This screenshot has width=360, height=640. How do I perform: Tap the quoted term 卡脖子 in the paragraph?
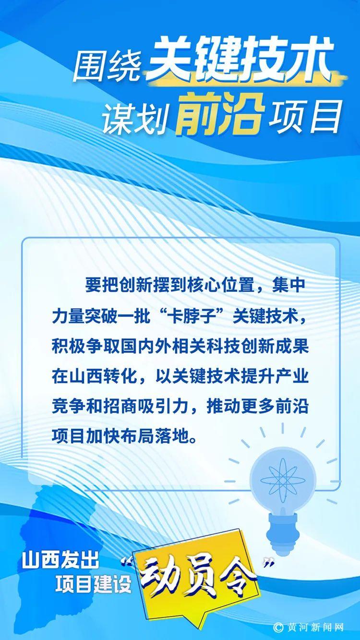[x=186, y=316]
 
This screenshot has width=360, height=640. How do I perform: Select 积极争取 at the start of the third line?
[x=85, y=348]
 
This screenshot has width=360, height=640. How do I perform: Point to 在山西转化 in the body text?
[x=94, y=377]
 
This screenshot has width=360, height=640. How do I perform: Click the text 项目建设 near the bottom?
[x=93, y=584]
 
